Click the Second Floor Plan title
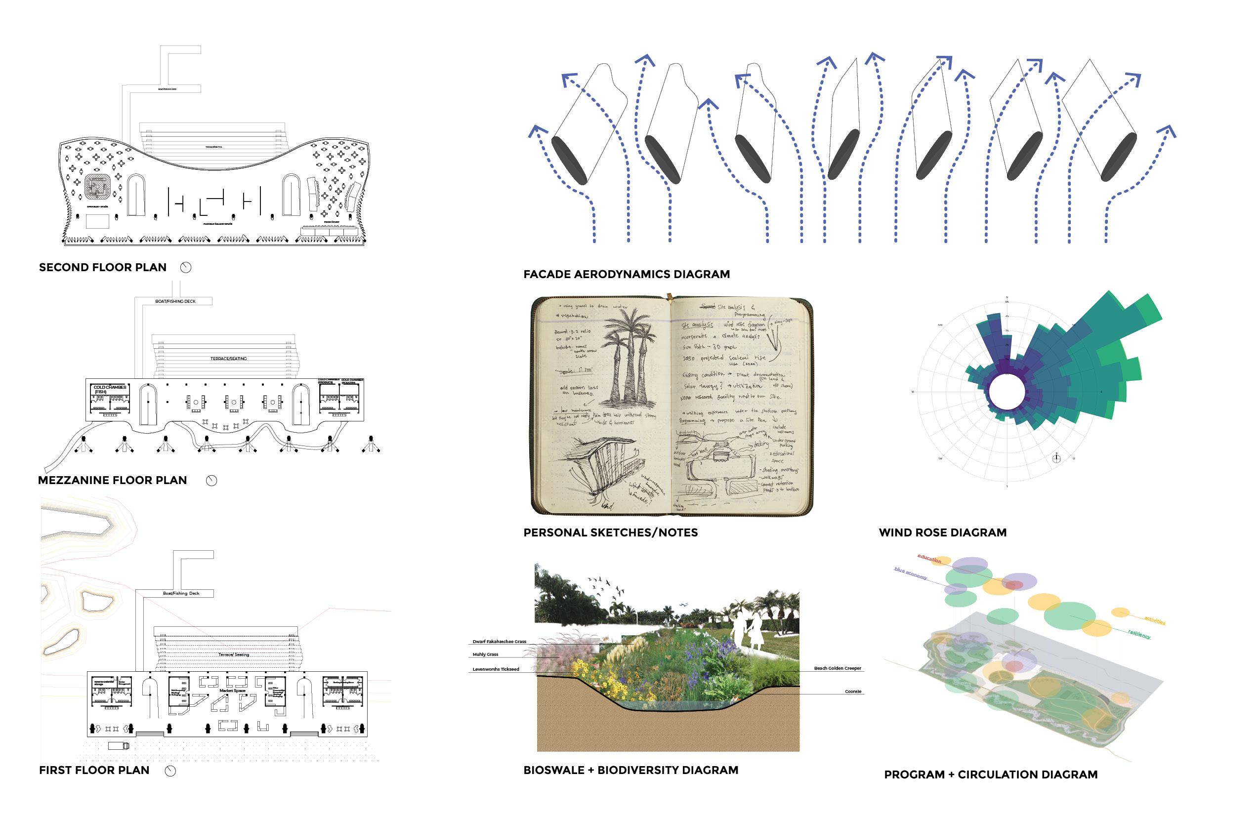pos(103,267)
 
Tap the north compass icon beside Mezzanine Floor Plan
pos(211,481)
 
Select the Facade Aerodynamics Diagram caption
pos(627,274)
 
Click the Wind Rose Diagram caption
pos(942,532)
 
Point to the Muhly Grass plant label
pos(485,654)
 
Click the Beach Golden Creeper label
pos(837,668)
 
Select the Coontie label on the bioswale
pos(852,692)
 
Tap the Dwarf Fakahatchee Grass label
pos(499,642)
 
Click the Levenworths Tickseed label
pos(496,669)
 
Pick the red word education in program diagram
pos(929,559)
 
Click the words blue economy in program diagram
pos(911,573)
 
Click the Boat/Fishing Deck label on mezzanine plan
pos(175,301)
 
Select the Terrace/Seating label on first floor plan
pos(233,654)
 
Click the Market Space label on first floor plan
pos(232,691)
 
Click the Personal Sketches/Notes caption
pos(610,532)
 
